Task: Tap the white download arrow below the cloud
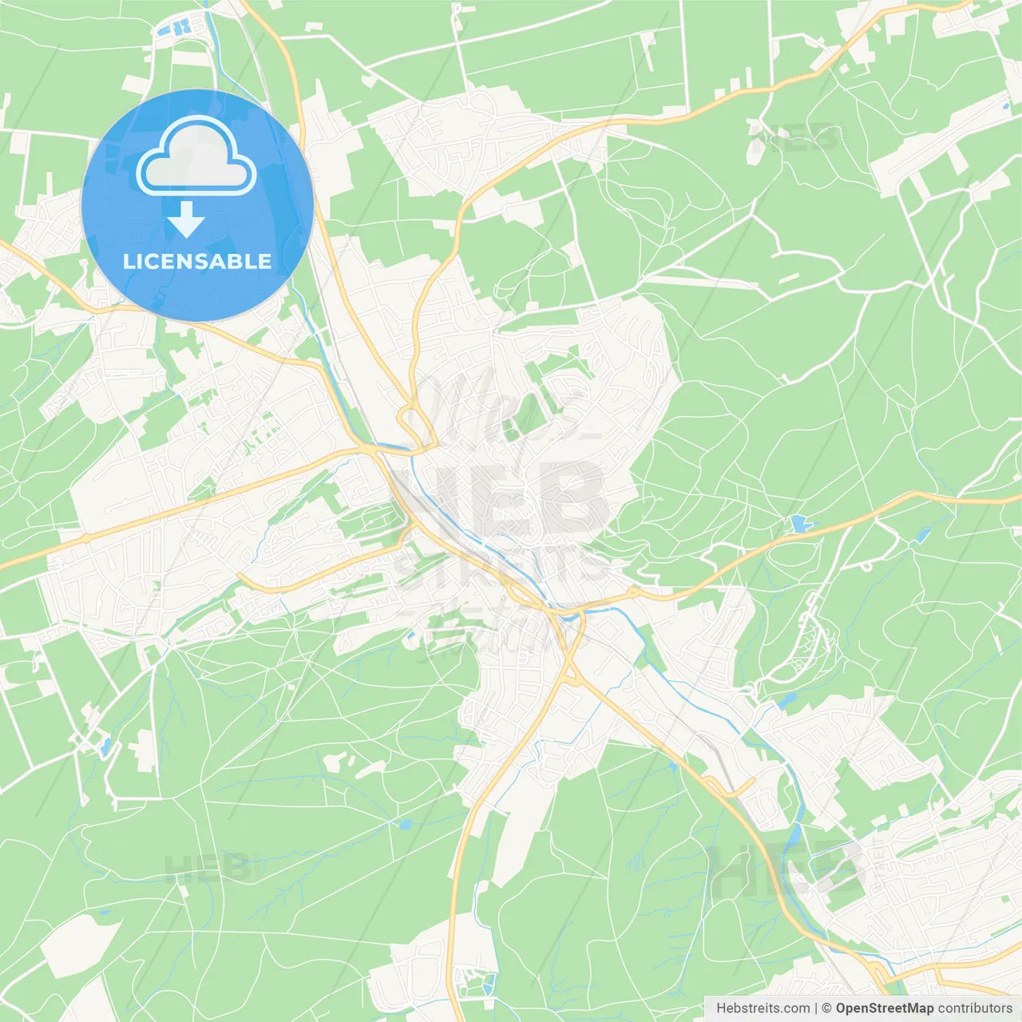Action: point(187,220)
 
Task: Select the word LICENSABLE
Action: point(197,261)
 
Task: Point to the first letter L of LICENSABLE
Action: point(128,261)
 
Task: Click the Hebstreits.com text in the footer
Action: point(763,1008)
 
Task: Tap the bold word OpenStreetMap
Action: point(884,1008)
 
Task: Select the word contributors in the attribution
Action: point(975,1008)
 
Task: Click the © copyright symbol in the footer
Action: point(827,1008)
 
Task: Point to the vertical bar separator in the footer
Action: point(817,1008)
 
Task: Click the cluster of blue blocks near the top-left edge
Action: point(176,29)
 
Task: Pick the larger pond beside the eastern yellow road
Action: point(799,524)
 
